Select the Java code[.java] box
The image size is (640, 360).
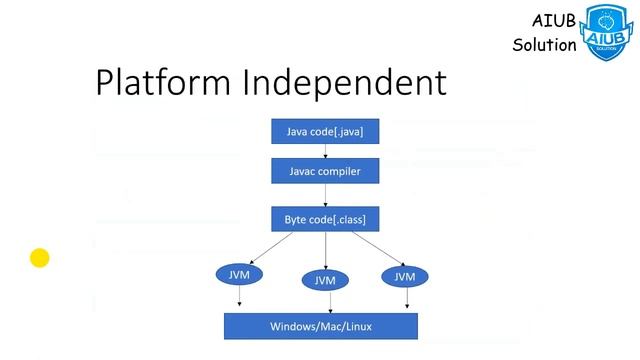coord(325,132)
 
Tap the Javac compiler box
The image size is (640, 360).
coord(325,172)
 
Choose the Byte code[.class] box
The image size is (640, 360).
coord(325,218)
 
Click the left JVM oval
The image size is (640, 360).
coord(239,274)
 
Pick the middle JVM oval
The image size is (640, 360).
coord(325,280)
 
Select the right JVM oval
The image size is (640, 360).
coord(404,275)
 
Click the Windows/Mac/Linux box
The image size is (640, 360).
coord(320,327)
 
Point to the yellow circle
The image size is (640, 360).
coord(40,258)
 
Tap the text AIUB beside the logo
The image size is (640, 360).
coord(554,22)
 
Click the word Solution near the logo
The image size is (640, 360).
coord(544,45)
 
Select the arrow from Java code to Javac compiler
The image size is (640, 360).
coord(325,151)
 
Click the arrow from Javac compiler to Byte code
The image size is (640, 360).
coord(325,195)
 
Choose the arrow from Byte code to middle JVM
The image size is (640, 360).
coord(325,250)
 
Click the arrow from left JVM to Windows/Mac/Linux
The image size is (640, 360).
coord(240,298)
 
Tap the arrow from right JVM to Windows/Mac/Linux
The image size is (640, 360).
coord(406,298)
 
